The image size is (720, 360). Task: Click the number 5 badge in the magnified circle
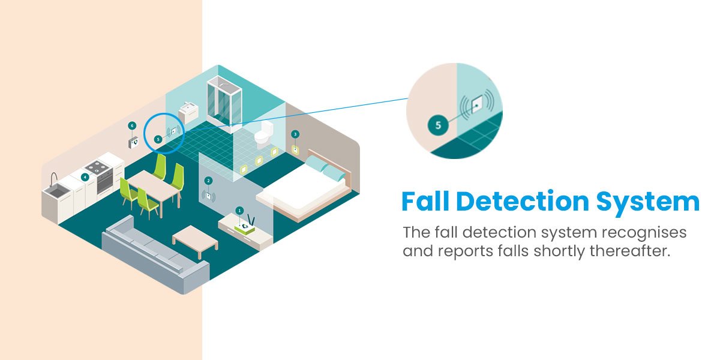click(x=438, y=125)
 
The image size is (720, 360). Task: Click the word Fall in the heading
click(x=425, y=202)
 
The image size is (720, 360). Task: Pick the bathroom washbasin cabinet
click(x=190, y=113)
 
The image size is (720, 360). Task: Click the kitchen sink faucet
click(x=53, y=178)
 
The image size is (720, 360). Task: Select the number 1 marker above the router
click(x=239, y=211)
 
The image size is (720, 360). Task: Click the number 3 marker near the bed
click(x=295, y=134)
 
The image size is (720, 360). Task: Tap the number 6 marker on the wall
click(x=133, y=126)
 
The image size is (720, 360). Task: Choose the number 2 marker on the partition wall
click(x=208, y=180)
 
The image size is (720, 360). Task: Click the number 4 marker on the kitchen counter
click(x=85, y=177)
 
